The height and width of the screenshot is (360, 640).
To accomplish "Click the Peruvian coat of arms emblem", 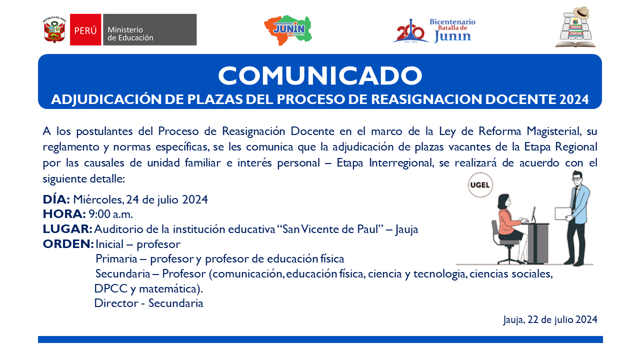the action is pos(54,29).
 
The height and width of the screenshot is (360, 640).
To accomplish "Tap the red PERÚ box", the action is pos(85,29).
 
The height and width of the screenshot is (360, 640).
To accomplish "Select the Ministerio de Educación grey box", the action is pos(149,29).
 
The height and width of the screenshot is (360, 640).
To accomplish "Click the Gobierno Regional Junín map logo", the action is pos(288,30).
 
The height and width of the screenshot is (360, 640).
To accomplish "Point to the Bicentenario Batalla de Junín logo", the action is pos(434,31).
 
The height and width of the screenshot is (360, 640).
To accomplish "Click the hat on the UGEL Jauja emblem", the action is pos(581,12).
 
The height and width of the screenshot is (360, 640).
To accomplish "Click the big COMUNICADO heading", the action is pos(320,75).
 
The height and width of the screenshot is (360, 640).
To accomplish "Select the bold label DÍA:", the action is pos(56,199).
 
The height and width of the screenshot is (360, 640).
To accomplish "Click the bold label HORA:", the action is pos(64,214).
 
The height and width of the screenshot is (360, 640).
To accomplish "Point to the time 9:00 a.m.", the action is pos(111,214).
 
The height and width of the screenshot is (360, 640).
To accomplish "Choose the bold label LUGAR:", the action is pos(67,229).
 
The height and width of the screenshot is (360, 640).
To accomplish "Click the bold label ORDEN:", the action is pos(68,244).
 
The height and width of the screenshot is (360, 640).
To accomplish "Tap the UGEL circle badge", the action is pos(480,185).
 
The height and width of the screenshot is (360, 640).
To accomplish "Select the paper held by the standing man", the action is pos(563,213).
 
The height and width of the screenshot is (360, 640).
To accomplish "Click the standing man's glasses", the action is pos(577,178).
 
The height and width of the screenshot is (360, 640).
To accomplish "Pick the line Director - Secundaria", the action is pos(148,303).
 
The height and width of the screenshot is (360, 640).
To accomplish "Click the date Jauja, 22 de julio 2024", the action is pos(550,319).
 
